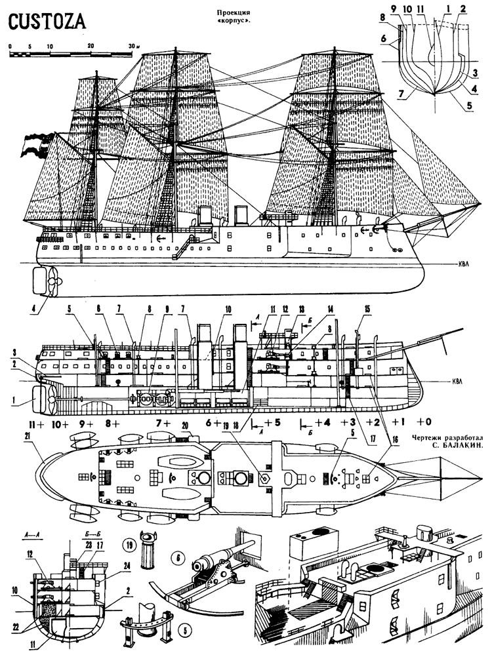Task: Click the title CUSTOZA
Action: point(47,22)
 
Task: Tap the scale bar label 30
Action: point(131,46)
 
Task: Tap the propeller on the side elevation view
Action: point(53,281)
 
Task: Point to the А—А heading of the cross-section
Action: point(30,534)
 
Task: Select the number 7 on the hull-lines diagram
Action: point(400,94)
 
